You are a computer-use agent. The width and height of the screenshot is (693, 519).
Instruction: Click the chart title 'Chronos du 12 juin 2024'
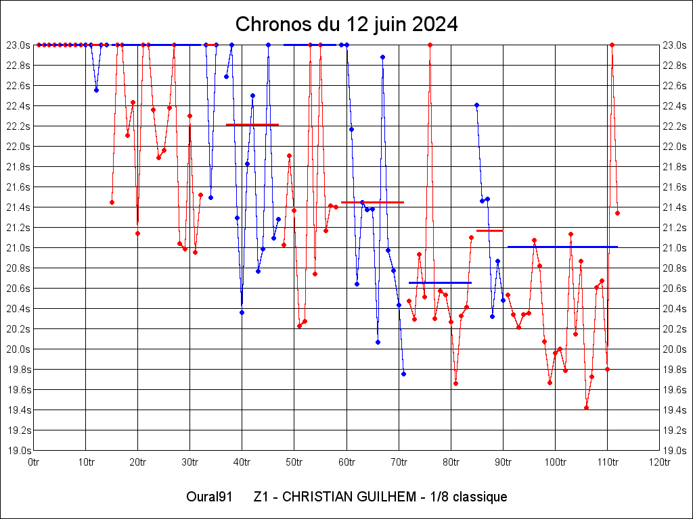346,25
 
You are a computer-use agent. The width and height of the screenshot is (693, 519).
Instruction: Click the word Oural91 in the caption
209,497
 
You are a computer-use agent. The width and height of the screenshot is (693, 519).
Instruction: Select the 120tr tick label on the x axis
659,462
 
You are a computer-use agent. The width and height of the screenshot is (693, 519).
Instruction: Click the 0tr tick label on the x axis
33,462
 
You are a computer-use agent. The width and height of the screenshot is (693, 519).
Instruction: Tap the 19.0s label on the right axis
674,451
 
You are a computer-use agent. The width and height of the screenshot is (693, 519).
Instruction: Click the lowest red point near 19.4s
586,407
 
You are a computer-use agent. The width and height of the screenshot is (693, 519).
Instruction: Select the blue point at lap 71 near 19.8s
403,374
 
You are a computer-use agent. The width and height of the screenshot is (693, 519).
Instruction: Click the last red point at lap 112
617,213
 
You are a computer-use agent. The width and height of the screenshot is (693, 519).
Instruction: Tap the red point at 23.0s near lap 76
430,45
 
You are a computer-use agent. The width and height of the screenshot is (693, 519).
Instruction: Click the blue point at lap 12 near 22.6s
96,90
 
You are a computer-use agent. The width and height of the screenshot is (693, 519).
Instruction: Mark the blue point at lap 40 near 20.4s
242,312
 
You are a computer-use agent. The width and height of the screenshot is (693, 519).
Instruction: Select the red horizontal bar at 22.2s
252,125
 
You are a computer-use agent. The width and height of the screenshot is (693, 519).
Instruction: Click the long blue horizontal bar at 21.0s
562,247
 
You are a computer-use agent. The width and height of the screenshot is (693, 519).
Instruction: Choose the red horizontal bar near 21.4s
372,202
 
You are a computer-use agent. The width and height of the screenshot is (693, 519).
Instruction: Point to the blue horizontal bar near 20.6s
440,282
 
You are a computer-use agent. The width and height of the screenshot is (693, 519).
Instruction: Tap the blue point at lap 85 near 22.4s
476,105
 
